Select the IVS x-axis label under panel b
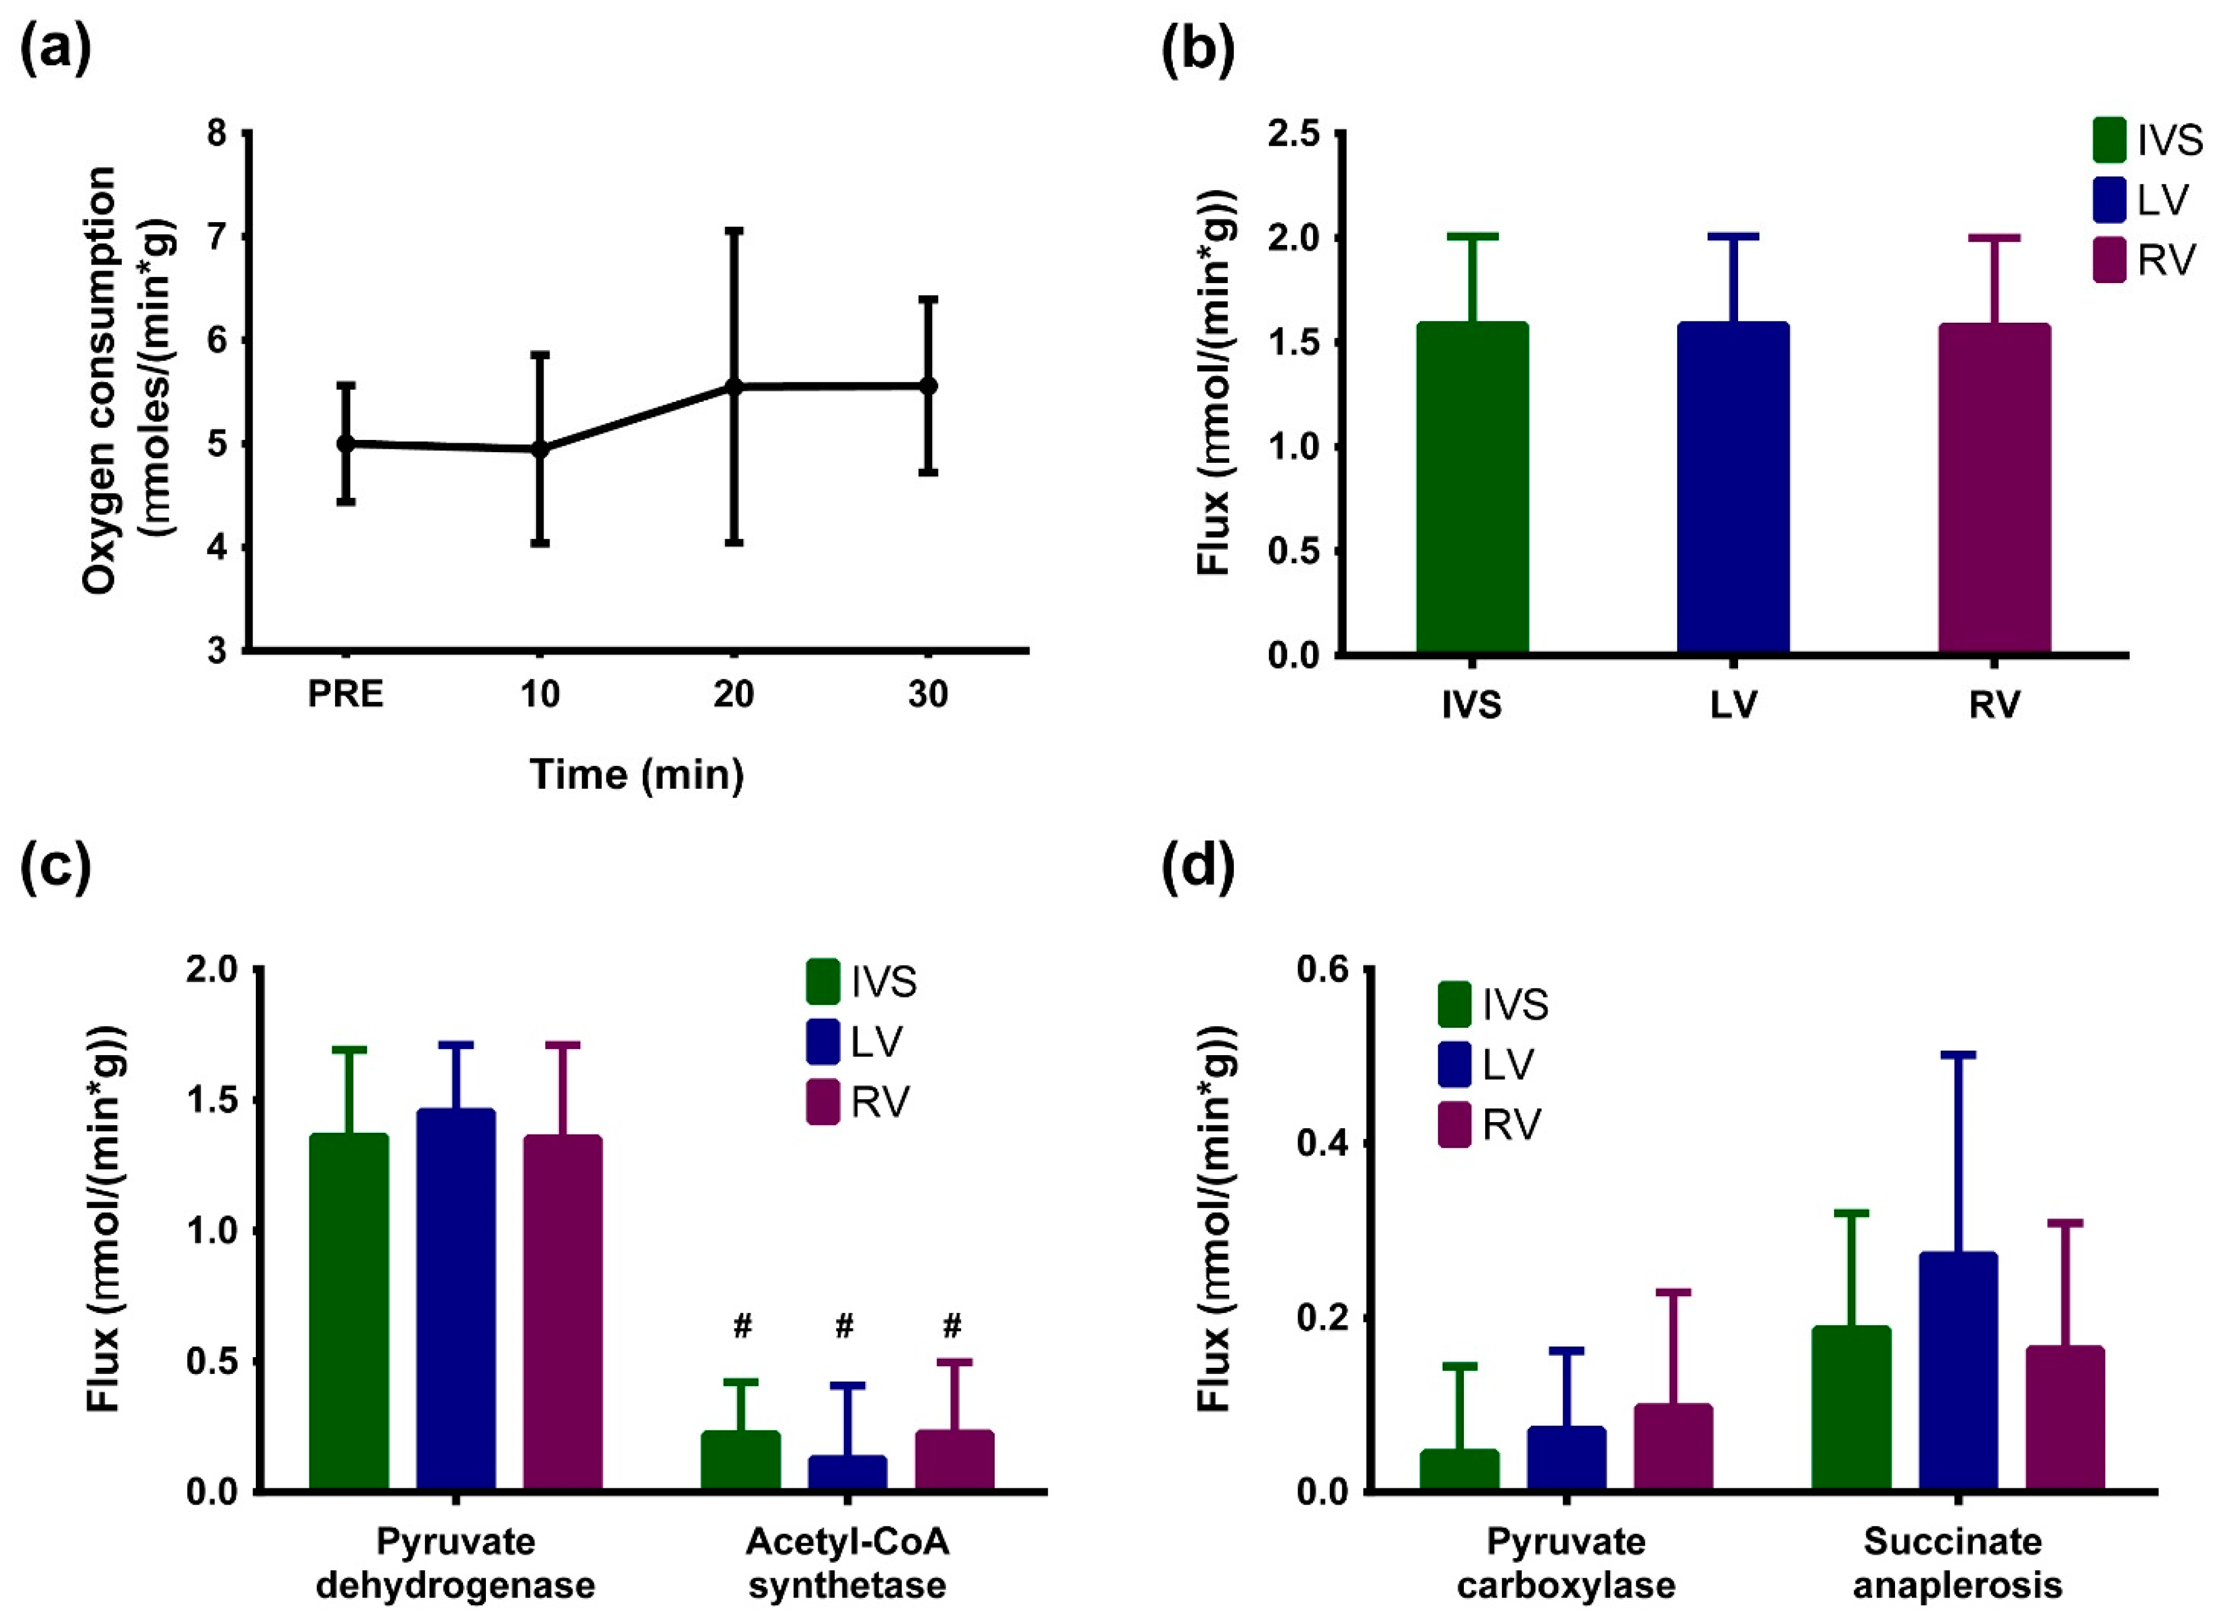tap(1472, 705)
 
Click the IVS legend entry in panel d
tap(1492, 1005)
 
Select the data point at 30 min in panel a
tap(927, 385)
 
